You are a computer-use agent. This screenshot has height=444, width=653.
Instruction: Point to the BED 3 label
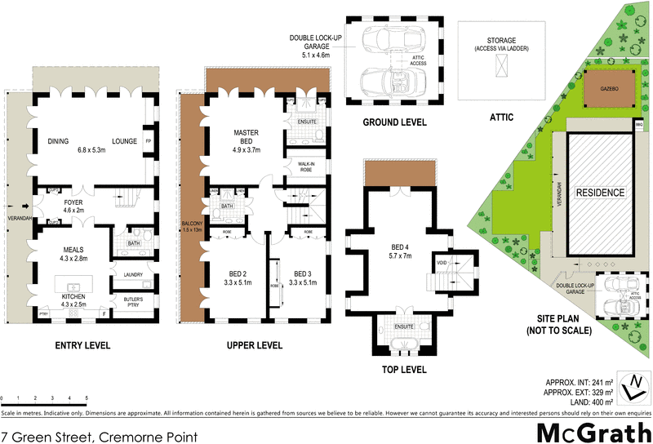pos(303,277)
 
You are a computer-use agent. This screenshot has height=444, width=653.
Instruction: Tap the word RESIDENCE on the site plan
pos(601,193)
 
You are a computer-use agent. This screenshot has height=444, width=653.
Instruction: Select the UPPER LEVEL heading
pos(255,345)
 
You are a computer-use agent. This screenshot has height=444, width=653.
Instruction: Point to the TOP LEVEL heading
pos(403,370)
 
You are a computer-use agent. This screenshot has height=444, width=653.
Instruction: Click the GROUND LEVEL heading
pos(394,122)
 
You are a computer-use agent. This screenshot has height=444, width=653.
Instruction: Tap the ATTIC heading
pos(501,117)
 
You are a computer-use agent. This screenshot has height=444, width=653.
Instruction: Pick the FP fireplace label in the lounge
pos(148,141)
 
